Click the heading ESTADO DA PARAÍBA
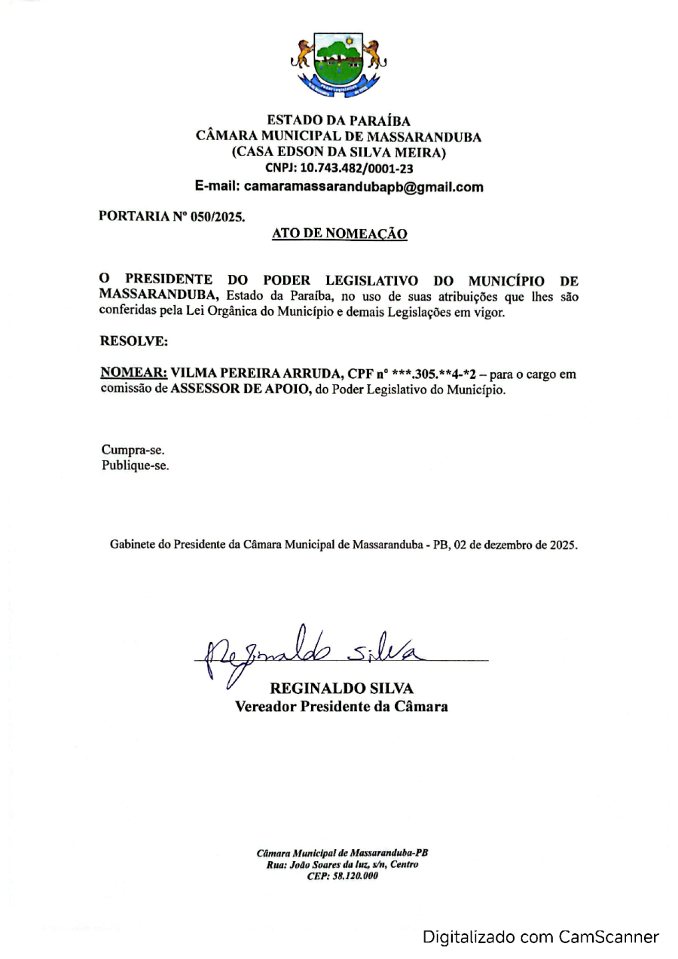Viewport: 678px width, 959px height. tap(338, 120)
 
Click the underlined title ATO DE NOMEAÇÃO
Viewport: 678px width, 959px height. tap(339, 234)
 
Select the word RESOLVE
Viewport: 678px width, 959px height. tap(133, 341)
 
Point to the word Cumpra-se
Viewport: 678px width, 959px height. tap(133, 450)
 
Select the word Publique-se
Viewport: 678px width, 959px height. tap(135, 466)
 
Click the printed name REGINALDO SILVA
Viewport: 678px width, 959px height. tap(341, 689)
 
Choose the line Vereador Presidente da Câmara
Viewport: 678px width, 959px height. tap(341, 707)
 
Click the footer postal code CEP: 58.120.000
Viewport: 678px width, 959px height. tap(342, 875)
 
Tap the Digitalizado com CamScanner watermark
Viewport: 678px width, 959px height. tap(540, 937)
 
